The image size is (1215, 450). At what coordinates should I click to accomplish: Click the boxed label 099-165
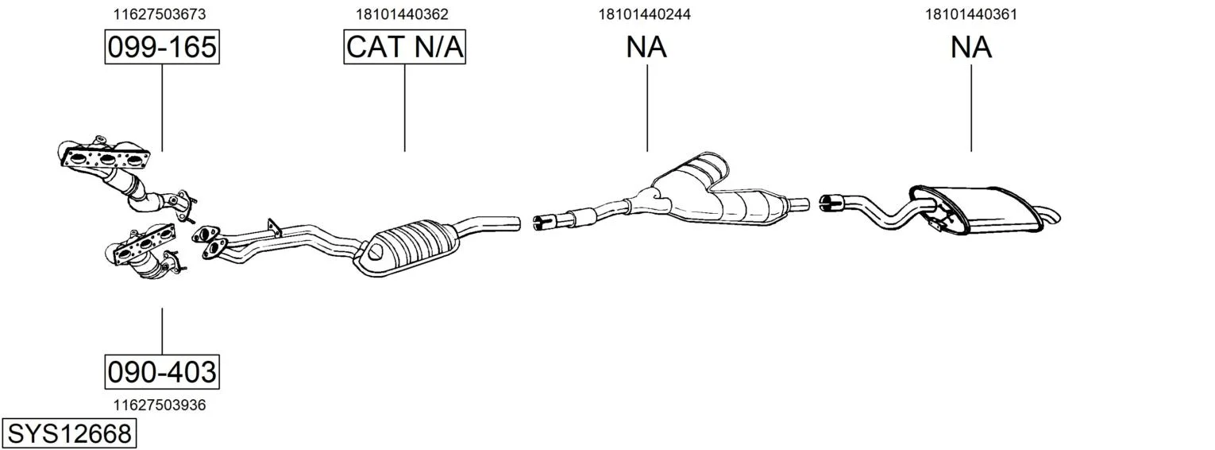click(x=162, y=47)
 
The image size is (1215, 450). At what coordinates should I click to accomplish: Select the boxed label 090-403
click(x=162, y=372)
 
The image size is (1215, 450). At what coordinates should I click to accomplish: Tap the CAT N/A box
click(x=405, y=47)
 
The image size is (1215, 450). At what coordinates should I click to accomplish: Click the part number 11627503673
click(x=160, y=14)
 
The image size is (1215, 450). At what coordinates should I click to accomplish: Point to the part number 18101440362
click(x=402, y=14)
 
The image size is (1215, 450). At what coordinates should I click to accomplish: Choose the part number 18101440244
click(x=644, y=14)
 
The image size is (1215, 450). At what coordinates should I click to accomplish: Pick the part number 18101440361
click(x=971, y=14)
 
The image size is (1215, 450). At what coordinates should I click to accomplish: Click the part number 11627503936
click(x=160, y=405)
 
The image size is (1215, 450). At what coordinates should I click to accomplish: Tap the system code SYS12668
click(x=69, y=433)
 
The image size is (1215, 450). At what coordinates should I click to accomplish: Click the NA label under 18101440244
click(x=646, y=47)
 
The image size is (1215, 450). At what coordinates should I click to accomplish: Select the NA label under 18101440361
click(x=971, y=47)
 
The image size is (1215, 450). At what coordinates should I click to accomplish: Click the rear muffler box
click(x=976, y=209)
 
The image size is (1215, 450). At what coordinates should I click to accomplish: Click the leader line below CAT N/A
click(x=405, y=107)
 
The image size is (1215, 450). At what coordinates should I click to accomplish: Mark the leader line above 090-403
click(x=162, y=331)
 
